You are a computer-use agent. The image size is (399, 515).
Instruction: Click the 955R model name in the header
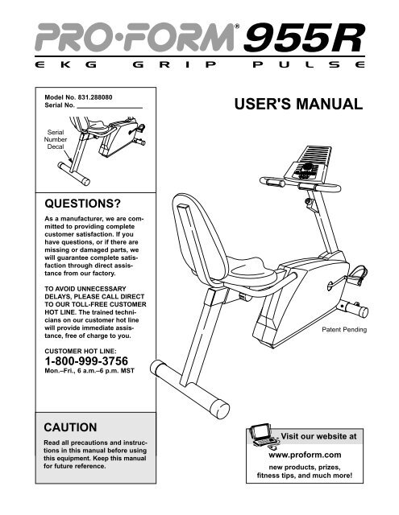coord(304,38)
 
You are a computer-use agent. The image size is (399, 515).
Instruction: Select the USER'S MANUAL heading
coord(298,104)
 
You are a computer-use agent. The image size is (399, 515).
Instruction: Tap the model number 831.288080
coord(95,97)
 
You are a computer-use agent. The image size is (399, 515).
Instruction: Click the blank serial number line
coord(110,107)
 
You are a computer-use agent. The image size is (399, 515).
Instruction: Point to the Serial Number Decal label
coord(56,139)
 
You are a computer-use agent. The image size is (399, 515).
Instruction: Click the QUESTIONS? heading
coord(82,204)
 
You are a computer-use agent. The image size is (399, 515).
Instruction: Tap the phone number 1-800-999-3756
coord(86,361)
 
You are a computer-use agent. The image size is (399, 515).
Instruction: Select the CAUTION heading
coord(70,427)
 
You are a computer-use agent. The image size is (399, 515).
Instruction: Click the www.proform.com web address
coord(305,455)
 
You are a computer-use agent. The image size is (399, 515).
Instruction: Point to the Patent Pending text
coord(344,329)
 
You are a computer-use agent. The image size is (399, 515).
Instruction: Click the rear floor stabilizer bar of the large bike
coord(189,389)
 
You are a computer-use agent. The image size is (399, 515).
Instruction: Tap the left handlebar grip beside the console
coord(272,181)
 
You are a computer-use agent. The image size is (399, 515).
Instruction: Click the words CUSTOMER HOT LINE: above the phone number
coord(81,351)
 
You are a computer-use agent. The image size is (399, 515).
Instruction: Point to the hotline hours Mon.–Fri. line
coord(89,371)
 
